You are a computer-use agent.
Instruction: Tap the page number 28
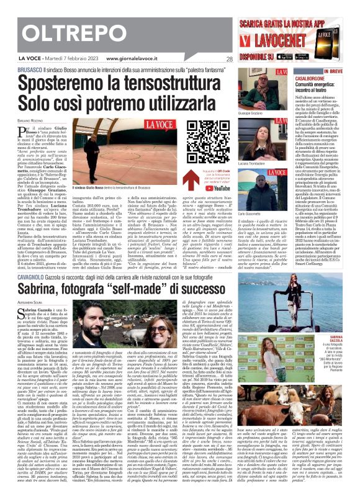pyautogui.click(x=229, y=59)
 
